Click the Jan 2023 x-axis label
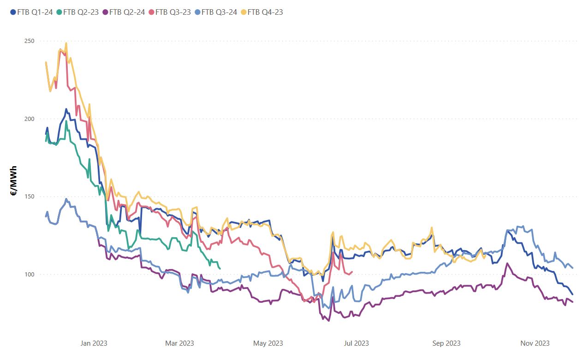(94, 343)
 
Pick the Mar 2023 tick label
(179, 343)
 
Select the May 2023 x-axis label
(268, 343)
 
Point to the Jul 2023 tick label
(356, 343)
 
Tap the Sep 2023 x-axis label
(446, 343)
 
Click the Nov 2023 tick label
(535, 343)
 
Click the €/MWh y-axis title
(14, 180)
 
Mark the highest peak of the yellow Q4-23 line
(66, 43)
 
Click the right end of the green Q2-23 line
(220, 269)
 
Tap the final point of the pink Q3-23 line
(352, 272)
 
